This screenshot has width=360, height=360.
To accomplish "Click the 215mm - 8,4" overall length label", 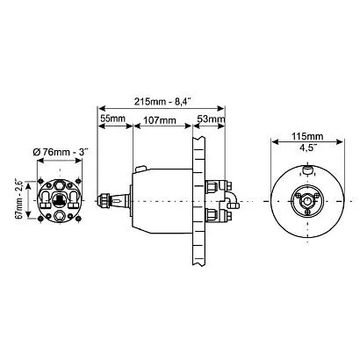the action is pos(162,102).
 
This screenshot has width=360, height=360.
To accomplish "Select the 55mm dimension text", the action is pos(113,119).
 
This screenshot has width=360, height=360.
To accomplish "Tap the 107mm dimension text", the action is pos(159,120).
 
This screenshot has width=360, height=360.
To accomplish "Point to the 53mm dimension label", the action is pos(211,119).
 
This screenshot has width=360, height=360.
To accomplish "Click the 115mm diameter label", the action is pos(307,136).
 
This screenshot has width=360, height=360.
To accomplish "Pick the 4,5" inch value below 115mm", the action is pos(307,148).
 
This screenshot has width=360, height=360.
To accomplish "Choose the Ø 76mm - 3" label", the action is pos(61,152).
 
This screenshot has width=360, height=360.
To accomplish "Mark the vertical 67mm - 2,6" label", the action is pos(19,199).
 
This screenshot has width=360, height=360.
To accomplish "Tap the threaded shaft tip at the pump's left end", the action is pos(104,201).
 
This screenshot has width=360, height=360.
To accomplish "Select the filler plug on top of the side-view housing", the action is pos(140,169).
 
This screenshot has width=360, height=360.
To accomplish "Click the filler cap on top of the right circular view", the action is pos(307,170).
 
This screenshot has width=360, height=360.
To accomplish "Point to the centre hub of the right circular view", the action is pos(307,201).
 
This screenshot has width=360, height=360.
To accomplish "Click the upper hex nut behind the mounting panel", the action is pos(212,187).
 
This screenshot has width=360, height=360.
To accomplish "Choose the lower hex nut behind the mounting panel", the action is pos(212,215).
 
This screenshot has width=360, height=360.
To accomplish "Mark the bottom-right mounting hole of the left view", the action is pos(78,219).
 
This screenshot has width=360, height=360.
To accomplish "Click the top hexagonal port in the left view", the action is pos(60,185).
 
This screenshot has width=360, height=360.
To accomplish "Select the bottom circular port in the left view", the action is pos(60,216).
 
